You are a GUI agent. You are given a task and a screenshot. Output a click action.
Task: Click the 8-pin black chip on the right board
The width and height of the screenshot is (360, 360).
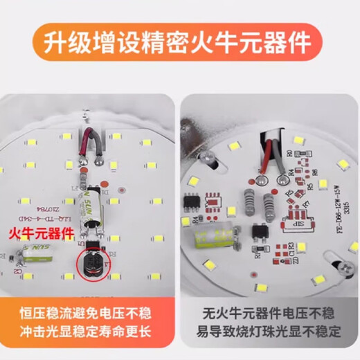[191, 202]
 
